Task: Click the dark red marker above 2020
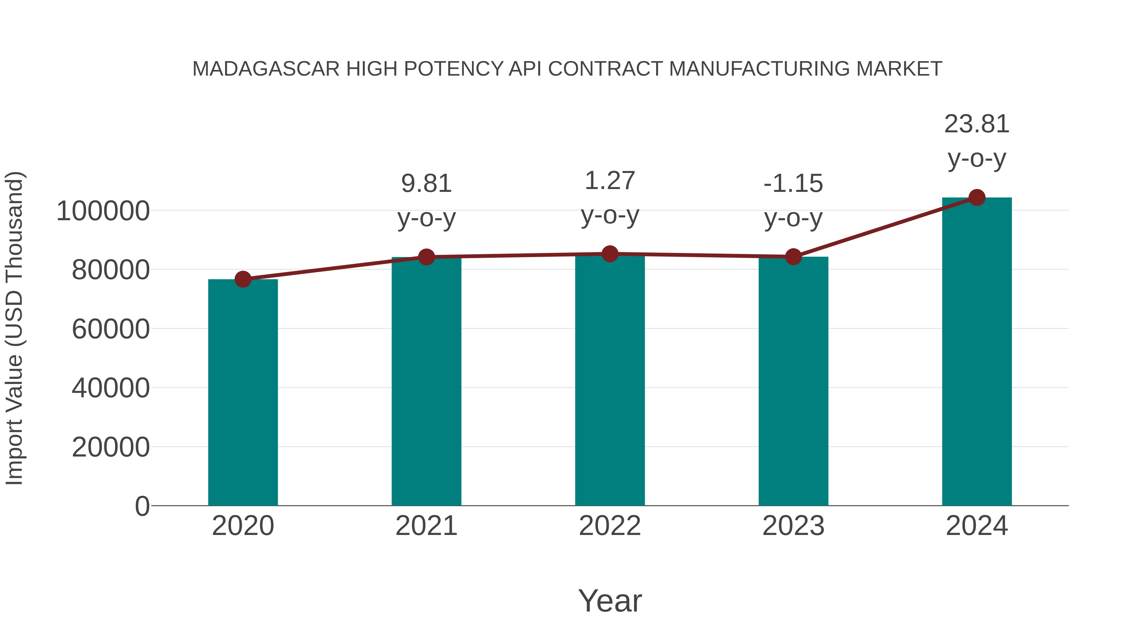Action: [x=243, y=279]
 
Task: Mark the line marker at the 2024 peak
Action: [x=977, y=198]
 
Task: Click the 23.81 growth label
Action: [x=977, y=124]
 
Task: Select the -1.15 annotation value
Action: [x=793, y=184]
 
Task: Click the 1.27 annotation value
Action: [x=610, y=181]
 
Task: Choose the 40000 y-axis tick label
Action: [x=111, y=388]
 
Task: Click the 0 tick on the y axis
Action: [x=142, y=506]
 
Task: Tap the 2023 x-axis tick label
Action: [x=793, y=526]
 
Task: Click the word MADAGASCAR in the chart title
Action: [x=266, y=69]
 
